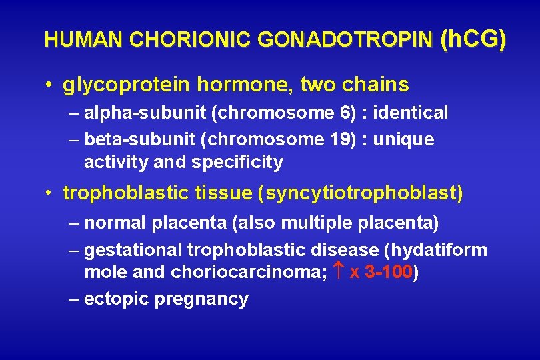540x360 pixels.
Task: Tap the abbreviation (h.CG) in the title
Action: (x=473, y=39)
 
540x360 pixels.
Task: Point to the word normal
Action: (x=116, y=222)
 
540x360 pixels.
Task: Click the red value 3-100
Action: (x=389, y=273)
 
